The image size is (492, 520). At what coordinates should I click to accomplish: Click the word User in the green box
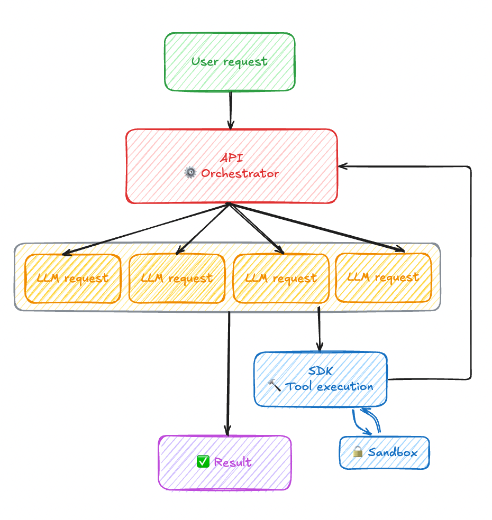(x=204, y=61)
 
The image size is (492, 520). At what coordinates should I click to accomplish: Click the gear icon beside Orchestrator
(x=190, y=173)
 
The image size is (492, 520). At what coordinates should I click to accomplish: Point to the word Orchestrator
(x=240, y=173)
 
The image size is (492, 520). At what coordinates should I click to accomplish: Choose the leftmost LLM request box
(x=72, y=278)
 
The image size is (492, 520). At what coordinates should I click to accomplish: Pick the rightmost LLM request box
(x=383, y=277)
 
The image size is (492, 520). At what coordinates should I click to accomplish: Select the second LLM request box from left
(x=176, y=278)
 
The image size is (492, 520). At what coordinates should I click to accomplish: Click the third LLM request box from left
(x=280, y=278)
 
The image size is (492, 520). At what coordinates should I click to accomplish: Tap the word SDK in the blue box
(x=320, y=371)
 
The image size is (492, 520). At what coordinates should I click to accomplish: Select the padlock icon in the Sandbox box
(x=358, y=452)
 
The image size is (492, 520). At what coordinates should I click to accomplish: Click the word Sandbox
(x=392, y=452)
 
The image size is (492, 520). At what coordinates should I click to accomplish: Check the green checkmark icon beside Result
(x=203, y=462)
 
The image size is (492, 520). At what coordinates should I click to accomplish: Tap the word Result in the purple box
(x=233, y=462)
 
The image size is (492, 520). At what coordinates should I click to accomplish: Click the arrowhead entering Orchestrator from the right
(x=342, y=166)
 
